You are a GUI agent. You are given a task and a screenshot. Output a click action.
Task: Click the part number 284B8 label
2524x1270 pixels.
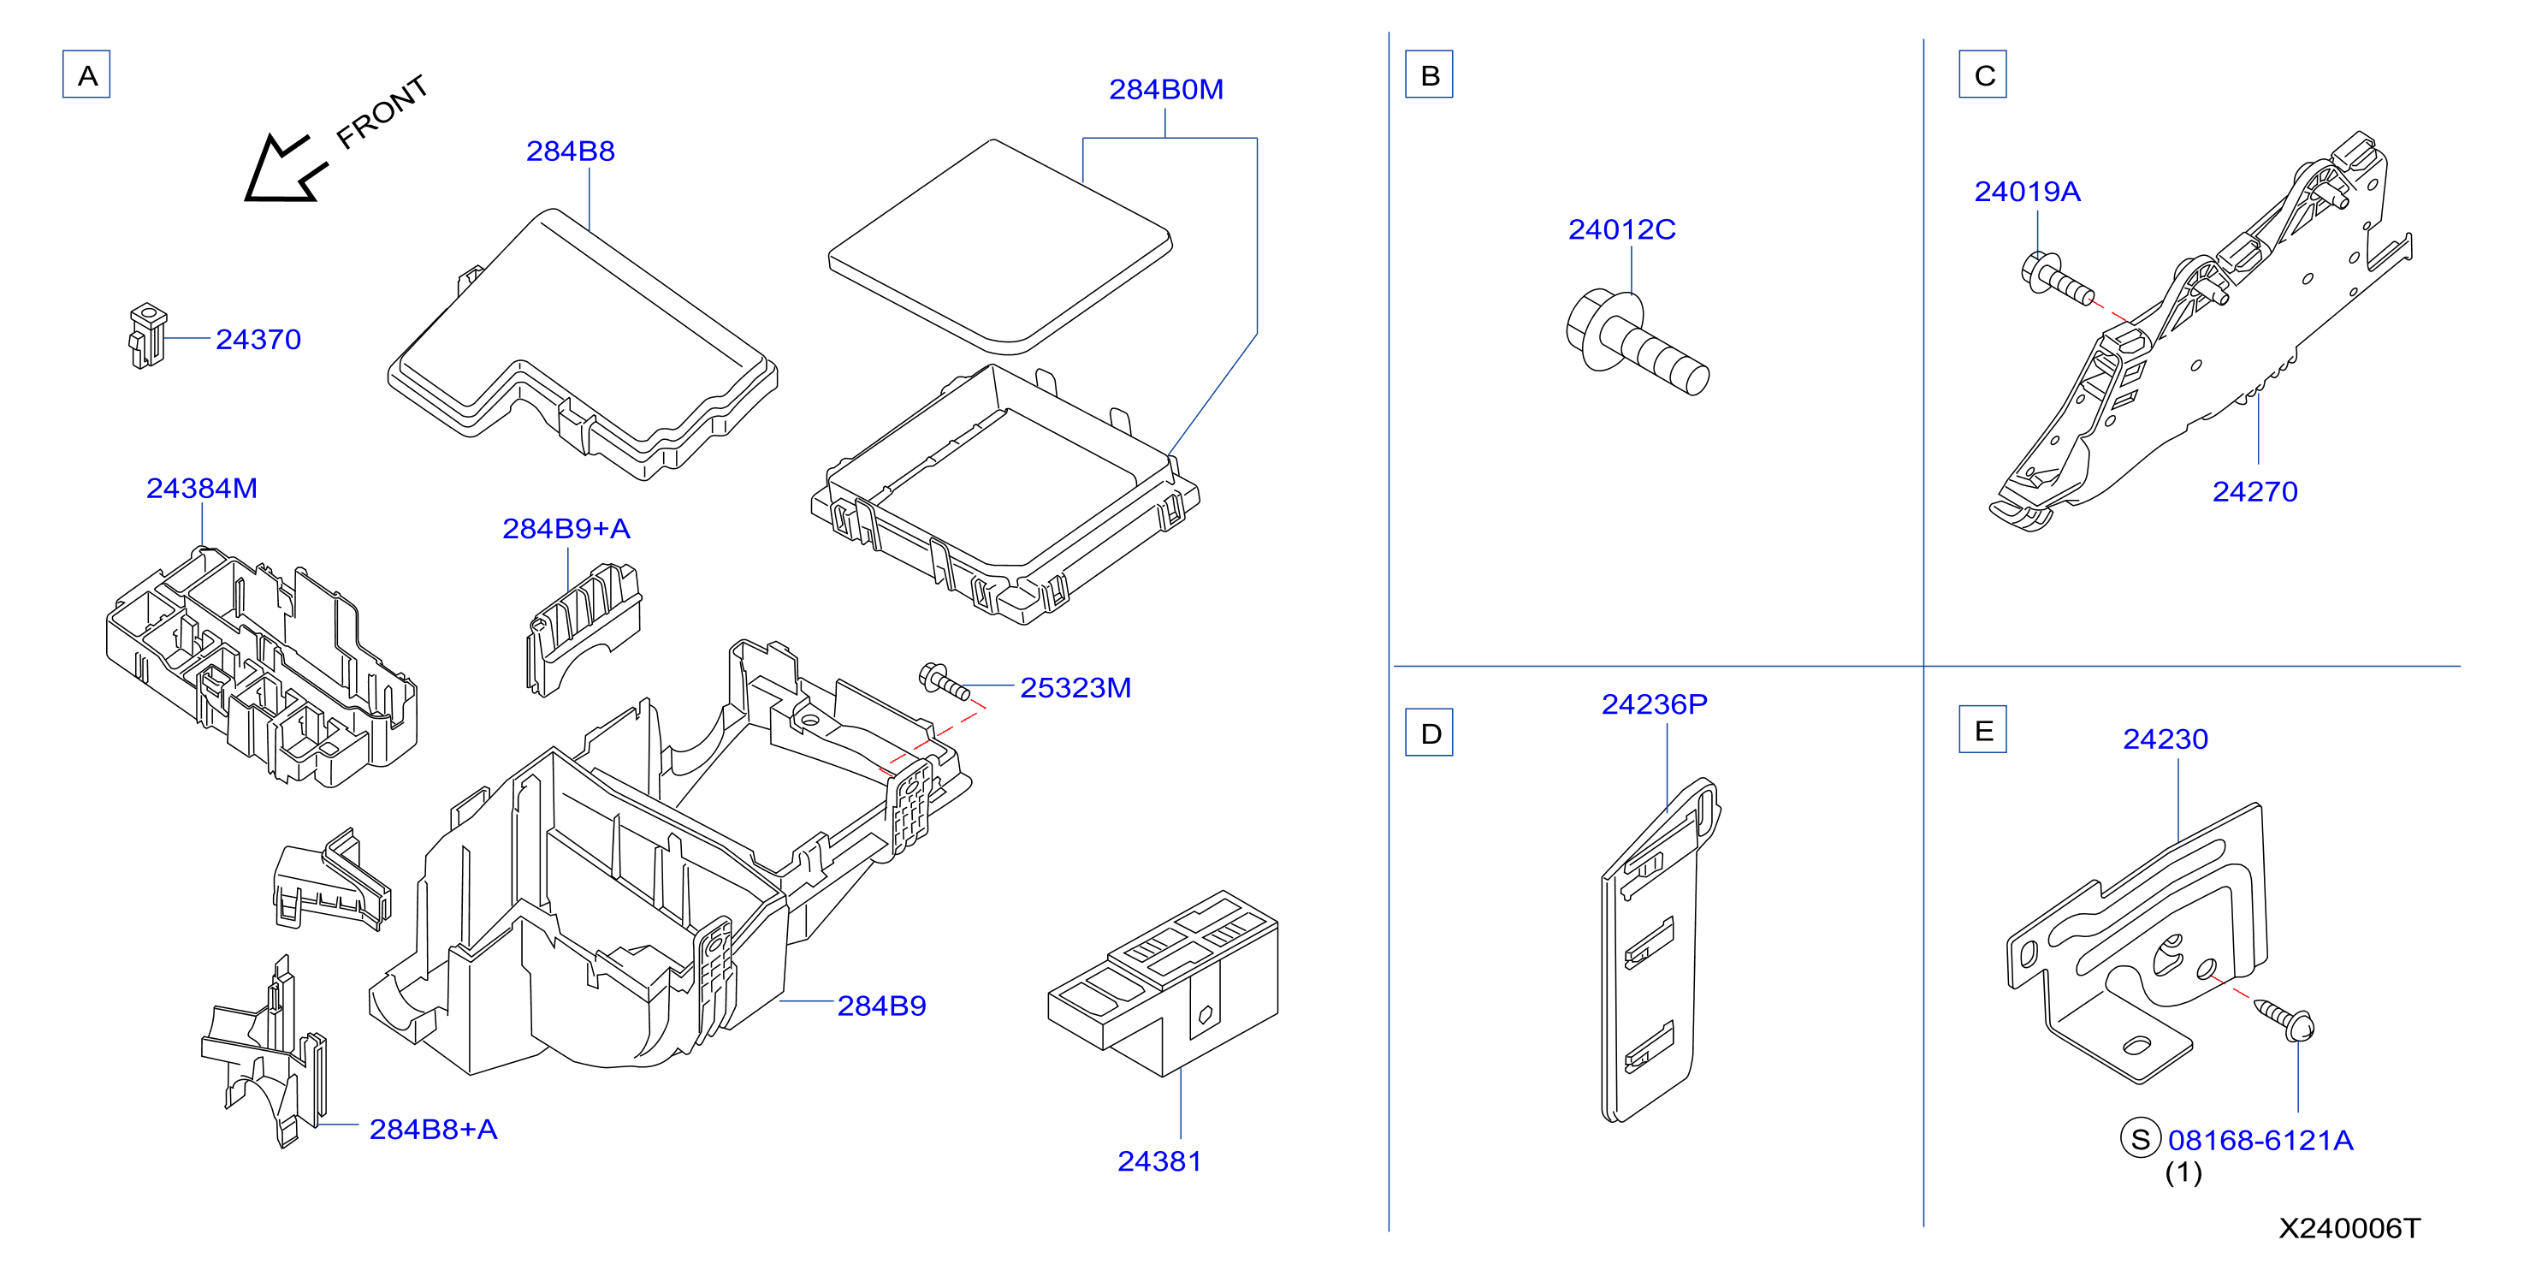[570, 151]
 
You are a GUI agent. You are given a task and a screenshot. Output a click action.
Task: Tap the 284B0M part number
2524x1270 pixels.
[1166, 89]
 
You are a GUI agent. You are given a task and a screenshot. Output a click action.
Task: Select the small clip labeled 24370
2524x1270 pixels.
[147, 335]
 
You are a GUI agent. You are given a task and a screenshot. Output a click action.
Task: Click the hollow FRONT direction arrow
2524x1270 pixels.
[284, 169]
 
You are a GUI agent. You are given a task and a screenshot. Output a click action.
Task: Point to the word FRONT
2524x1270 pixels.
[382, 112]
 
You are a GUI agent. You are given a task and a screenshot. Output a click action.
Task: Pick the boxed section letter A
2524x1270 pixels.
[86, 74]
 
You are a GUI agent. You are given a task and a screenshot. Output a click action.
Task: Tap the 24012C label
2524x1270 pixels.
[1621, 229]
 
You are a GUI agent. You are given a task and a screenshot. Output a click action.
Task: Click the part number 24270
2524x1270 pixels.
[2254, 491]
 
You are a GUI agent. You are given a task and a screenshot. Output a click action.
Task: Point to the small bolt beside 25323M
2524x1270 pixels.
[945, 681]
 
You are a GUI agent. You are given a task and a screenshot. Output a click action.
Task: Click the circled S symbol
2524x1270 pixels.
[2141, 1139]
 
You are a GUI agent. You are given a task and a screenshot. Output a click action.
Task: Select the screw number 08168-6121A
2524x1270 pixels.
[2260, 1140]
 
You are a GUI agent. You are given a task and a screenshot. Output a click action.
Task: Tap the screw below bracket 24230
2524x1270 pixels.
[2285, 1019]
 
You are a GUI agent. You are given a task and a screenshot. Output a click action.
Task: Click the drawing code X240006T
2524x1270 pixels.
[2349, 1228]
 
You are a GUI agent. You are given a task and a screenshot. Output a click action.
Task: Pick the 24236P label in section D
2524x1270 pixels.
[1654, 703]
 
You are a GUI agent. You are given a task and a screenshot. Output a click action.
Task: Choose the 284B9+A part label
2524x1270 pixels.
[566, 528]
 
